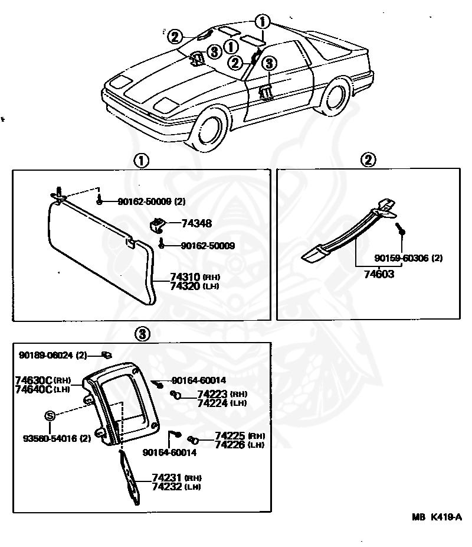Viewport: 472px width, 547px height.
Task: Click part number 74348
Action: pos(196,224)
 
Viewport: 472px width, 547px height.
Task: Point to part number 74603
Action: pos(378,273)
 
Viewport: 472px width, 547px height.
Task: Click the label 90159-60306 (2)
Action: pos(409,258)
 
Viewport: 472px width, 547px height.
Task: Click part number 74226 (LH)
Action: pos(231,445)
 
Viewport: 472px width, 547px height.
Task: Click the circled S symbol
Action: pos(50,416)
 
